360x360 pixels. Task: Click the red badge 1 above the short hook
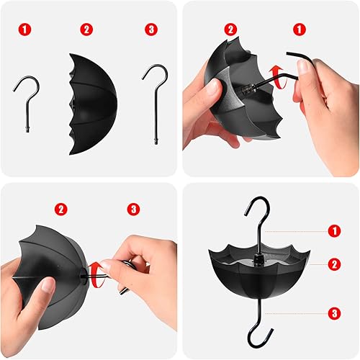(x=26, y=30)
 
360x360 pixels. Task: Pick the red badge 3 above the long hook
(x=150, y=30)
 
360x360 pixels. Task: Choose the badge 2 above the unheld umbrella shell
(x=87, y=30)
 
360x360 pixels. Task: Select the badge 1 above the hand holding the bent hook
(x=299, y=30)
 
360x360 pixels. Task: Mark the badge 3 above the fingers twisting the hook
(x=133, y=209)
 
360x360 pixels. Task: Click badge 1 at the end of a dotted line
(x=334, y=230)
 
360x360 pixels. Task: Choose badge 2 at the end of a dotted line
(x=334, y=264)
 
